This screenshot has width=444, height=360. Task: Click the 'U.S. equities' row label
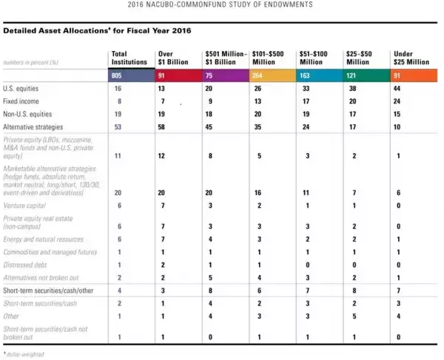pos(21,88)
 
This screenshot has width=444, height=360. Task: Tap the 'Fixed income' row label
pos(21,100)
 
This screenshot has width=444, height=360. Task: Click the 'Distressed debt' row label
pos(25,264)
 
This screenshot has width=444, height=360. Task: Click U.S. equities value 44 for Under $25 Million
pos(397,88)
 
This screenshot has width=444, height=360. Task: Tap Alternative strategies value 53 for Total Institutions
pos(117,123)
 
